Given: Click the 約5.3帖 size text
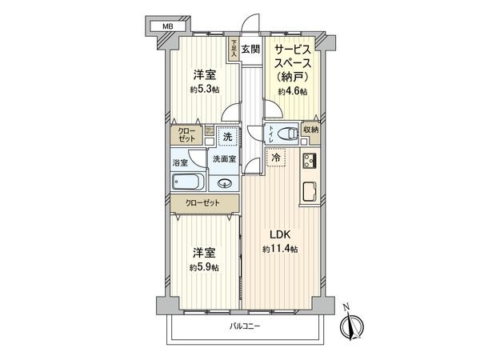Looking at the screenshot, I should click(x=202, y=90).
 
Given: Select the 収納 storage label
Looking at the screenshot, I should click(x=310, y=130).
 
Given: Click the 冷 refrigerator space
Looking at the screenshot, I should click(x=276, y=158).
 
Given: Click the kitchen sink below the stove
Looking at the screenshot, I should click(x=309, y=192).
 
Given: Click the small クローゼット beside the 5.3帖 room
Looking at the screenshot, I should click(x=186, y=134).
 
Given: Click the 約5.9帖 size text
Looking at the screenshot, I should click(x=203, y=266).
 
